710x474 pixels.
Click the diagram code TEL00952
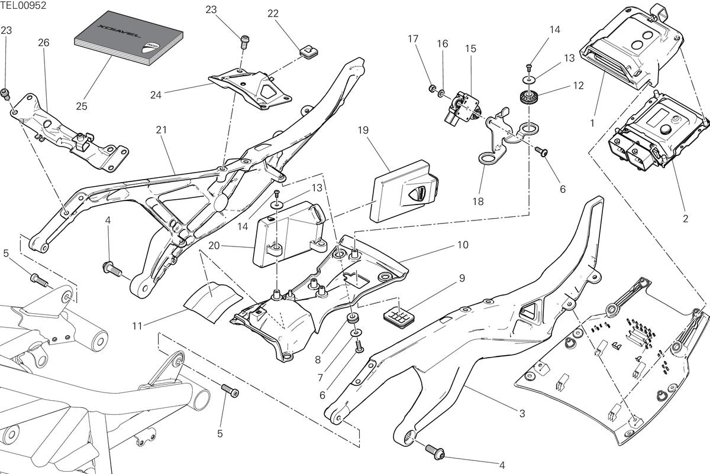pyautogui.click(x=23, y=5)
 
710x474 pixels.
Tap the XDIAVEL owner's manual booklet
pyautogui.click(x=129, y=38)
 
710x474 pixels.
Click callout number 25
pyautogui.click(x=82, y=106)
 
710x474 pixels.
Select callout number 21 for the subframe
pyautogui.click(x=162, y=130)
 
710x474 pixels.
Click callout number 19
pyautogui.click(x=363, y=130)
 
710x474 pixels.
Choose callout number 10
pyautogui.click(x=463, y=245)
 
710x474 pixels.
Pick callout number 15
pyautogui.click(x=471, y=49)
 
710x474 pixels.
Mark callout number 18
pyautogui.click(x=478, y=202)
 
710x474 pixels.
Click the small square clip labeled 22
pyautogui.click(x=308, y=51)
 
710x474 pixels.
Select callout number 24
pyautogui.click(x=156, y=95)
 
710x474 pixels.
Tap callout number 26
pyautogui.click(x=44, y=43)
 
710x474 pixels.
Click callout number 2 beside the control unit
pyautogui.click(x=686, y=219)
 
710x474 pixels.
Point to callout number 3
pyautogui.click(x=522, y=414)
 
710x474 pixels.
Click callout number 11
pyautogui.click(x=137, y=326)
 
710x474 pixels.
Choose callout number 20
pyautogui.click(x=214, y=245)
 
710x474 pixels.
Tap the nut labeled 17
pyautogui.click(x=432, y=88)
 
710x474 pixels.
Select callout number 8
pyautogui.click(x=318, y=360)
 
